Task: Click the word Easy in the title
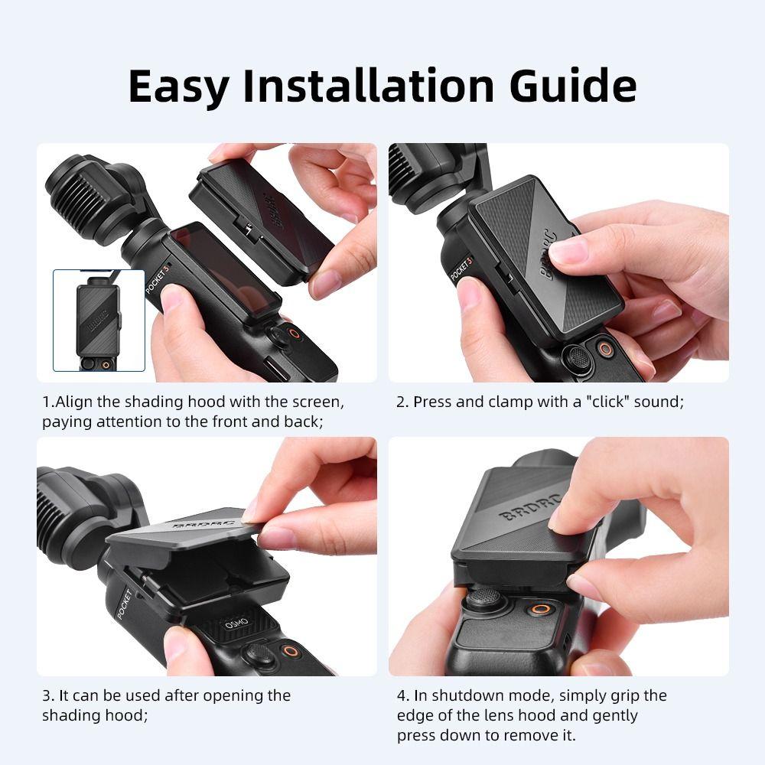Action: [177, 86]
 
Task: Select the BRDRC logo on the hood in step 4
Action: [529, 502]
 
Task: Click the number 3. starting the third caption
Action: [47, 695]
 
